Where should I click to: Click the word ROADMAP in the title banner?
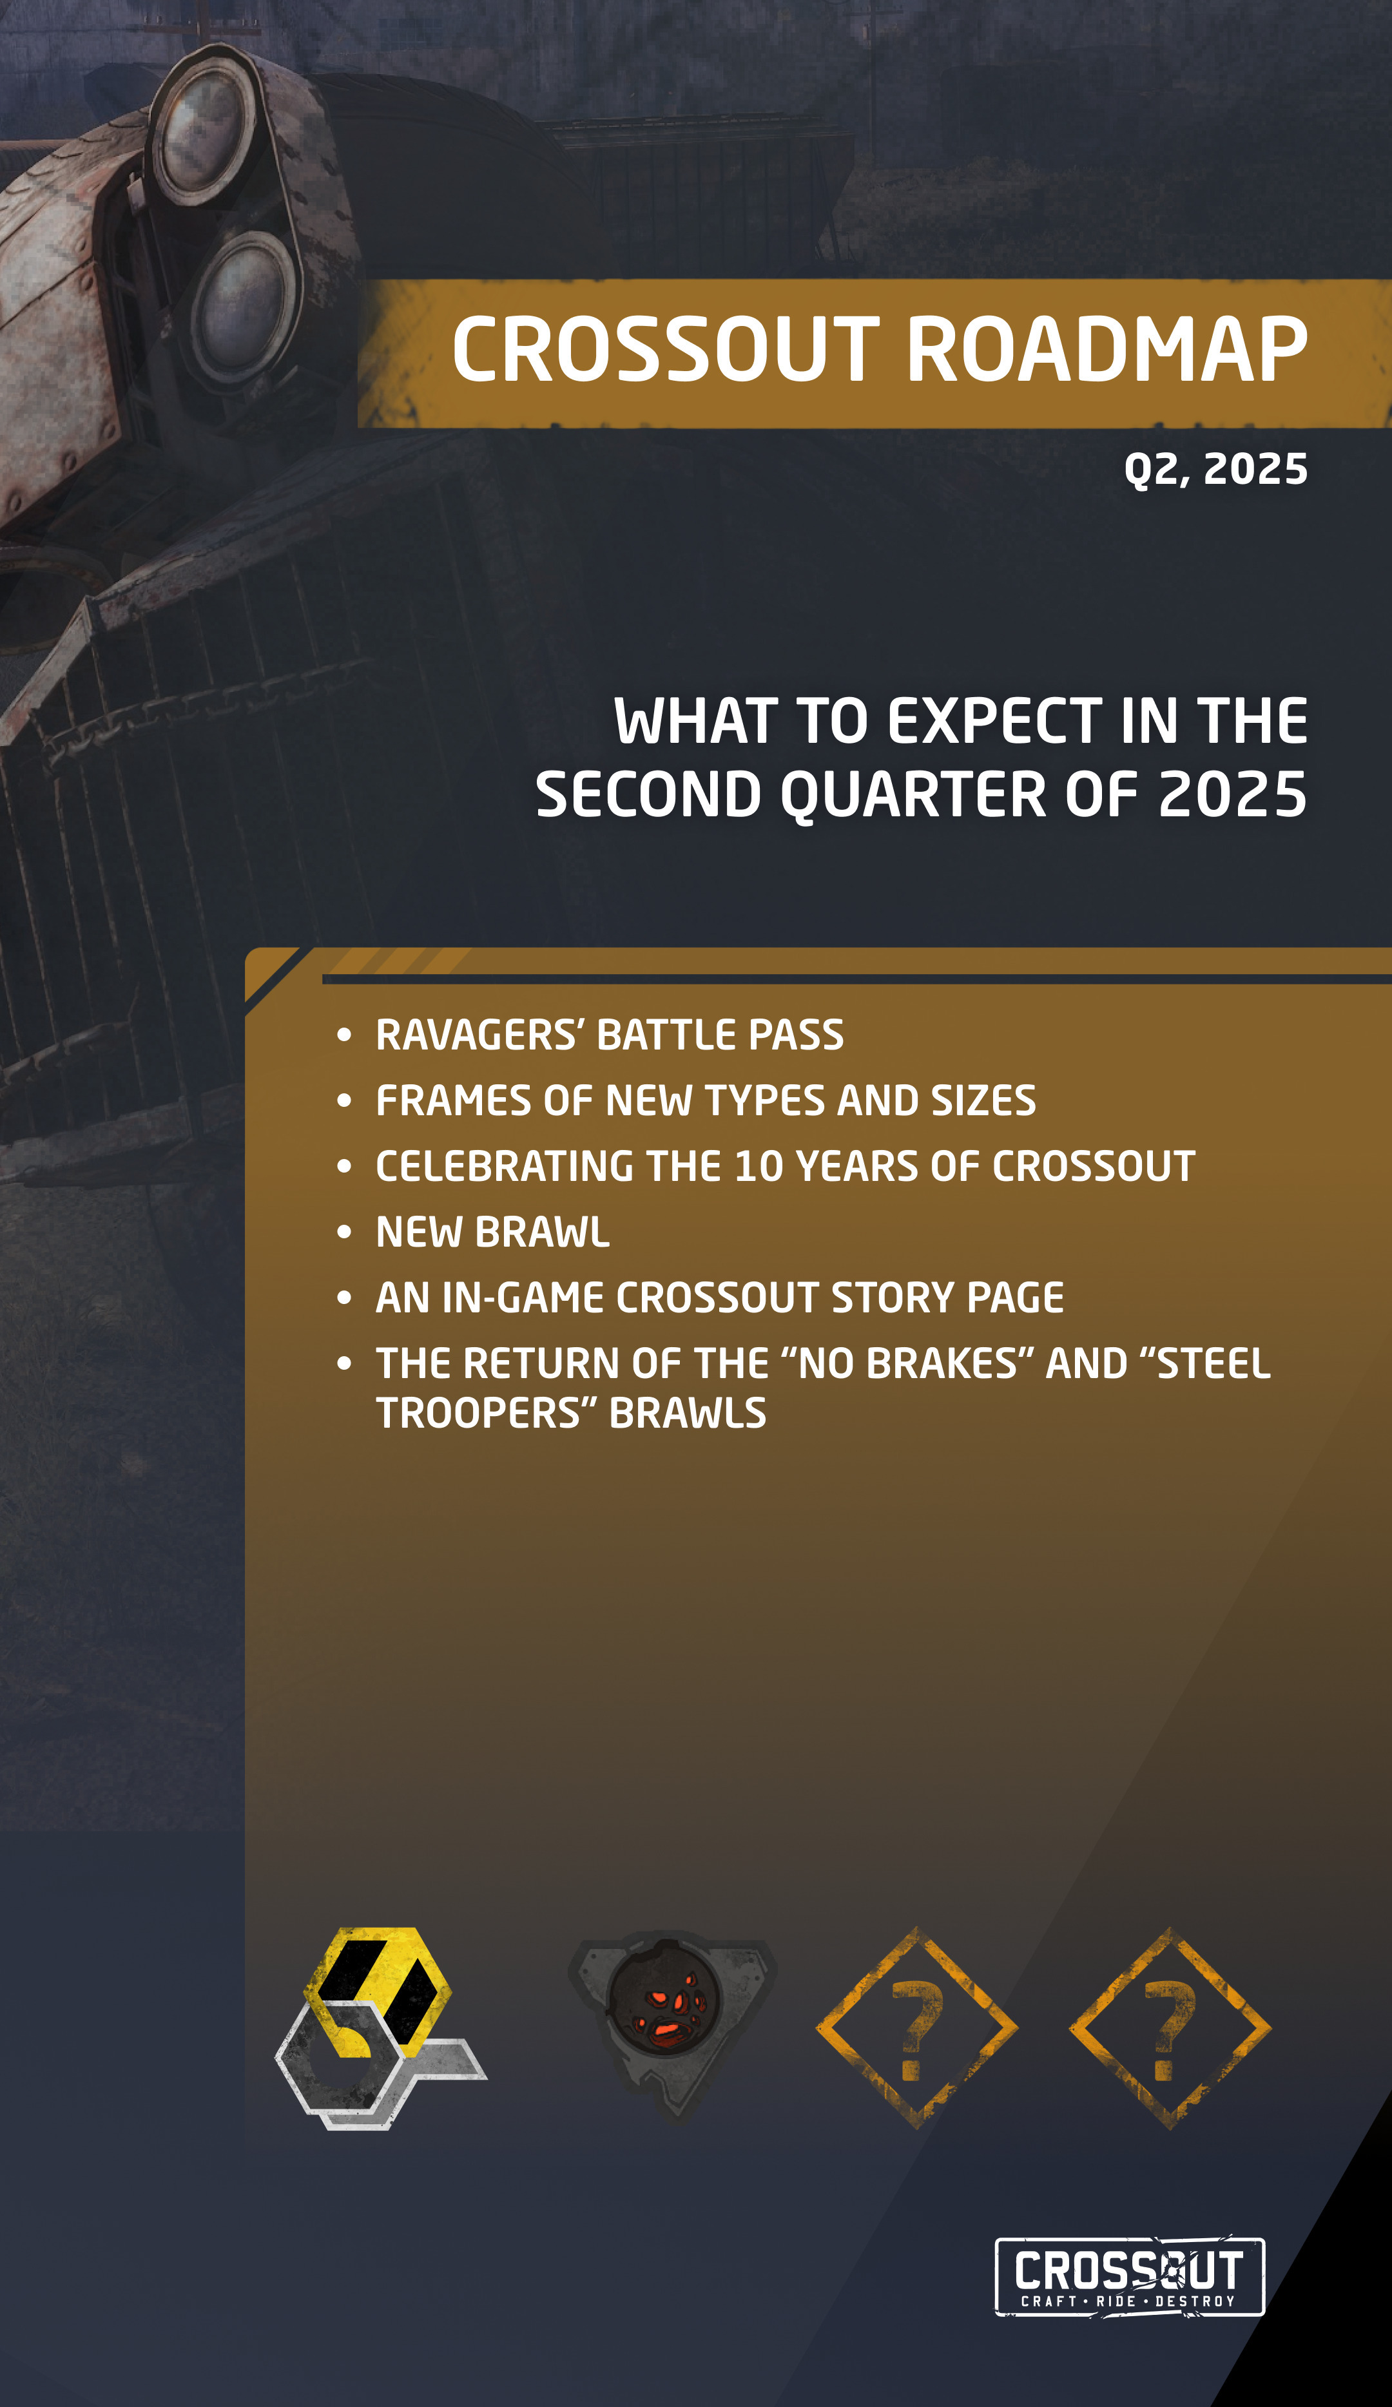1107,350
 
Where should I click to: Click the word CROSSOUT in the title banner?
666,350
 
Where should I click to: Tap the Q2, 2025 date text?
1215,470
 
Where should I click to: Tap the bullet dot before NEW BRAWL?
345,1232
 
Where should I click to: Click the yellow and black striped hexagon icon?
378,1991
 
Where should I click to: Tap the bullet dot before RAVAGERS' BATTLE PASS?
345,1035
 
